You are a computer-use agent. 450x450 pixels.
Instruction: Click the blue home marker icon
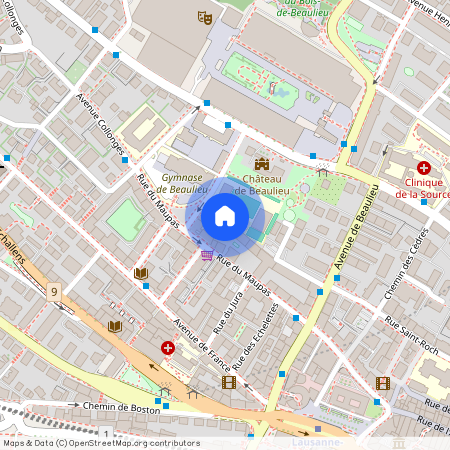(225, 215)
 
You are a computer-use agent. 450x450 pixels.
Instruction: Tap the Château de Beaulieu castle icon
(262, 164)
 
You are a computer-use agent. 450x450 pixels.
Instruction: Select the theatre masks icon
(205, 17)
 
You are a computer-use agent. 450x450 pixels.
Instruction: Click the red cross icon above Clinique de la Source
(423, 168)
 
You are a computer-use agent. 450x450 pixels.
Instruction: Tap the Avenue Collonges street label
(101, 124)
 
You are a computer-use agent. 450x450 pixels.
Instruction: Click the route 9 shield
(52, 291)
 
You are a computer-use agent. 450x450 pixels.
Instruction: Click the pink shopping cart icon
(206, 256)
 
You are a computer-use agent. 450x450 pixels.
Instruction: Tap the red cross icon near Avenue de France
(168, 348)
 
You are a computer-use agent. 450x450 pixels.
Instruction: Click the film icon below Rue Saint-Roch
(382, 382)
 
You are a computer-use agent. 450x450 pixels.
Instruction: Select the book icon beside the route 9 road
(115, 326)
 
